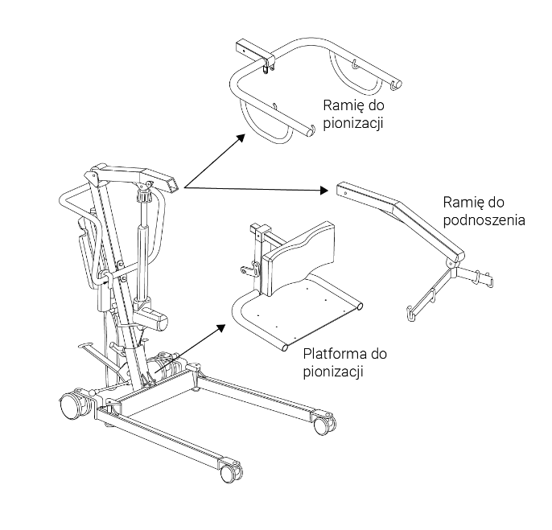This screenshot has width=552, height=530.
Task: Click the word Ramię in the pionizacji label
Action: tap(341, 105)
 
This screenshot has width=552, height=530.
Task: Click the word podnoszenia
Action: tap(484, 220)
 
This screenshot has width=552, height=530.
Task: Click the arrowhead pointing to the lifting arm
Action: tap(324, 191)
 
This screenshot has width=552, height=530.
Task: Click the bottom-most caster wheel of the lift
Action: tap(228, 472)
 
